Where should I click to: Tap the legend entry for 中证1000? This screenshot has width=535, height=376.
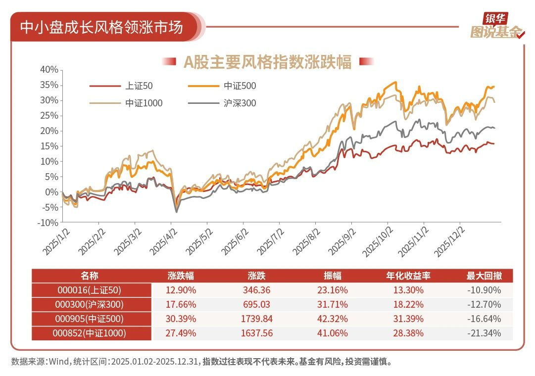point(144,103)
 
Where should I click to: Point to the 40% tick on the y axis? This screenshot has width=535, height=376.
point(49,70)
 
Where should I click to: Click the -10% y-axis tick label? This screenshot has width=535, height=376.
point(48,223)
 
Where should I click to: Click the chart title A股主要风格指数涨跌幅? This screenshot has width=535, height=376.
point(268,62)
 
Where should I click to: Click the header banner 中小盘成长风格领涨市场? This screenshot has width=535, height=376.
point(101,27)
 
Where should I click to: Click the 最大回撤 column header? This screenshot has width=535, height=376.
point(483,276)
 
